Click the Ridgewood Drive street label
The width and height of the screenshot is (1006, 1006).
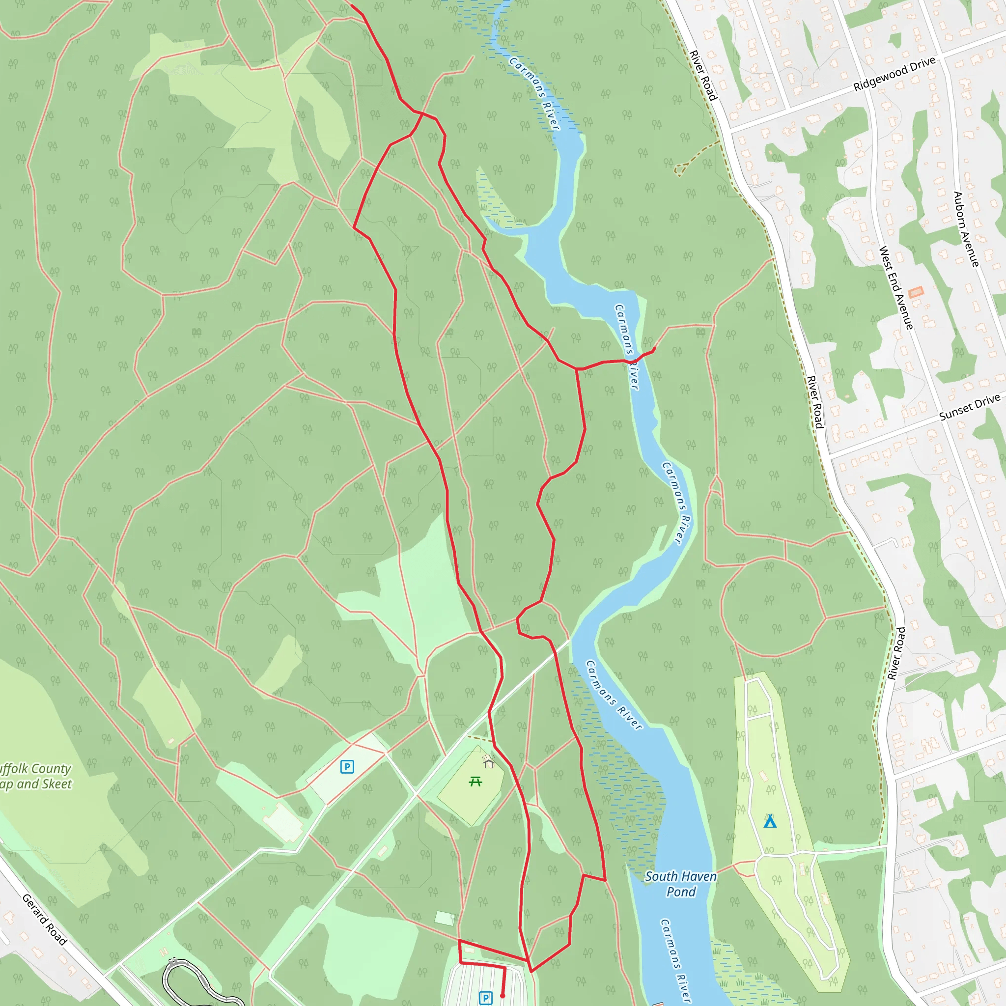click(x=894, y=74)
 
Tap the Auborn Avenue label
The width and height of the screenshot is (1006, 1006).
click(x=966, y=229)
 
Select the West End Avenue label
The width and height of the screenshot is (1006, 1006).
click(x=895, y=287)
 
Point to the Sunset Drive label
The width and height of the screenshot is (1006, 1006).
click(x=970, y=407)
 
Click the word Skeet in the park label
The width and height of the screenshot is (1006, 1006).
click(x=57, y=784)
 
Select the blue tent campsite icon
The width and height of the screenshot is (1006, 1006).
click(x=770, y=822)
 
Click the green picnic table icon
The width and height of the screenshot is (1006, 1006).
click(x=475, y=781)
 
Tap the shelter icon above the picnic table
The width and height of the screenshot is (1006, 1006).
click(x=488, y=762)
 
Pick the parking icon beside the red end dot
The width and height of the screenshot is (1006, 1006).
click(x=485, y=998)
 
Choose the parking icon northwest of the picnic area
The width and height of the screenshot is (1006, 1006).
click(x=347, y=766)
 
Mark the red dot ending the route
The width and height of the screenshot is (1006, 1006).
click(x=503, y=996)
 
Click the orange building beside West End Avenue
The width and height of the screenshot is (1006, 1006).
click(x=916, y=292)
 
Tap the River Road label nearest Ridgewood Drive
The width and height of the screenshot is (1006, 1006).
click(x=703, y=76)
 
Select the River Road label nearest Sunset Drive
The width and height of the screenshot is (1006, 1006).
click(x=815, y=402)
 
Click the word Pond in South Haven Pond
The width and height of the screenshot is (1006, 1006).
click(x=681, y=892)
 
